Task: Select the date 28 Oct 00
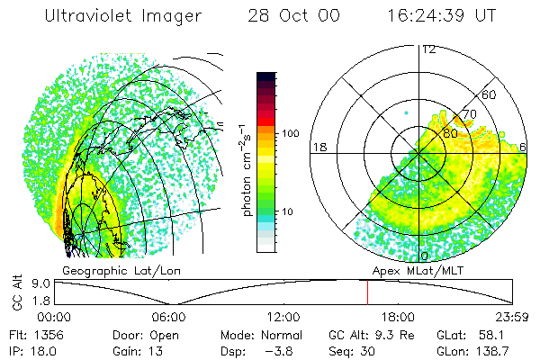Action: coord(282,16)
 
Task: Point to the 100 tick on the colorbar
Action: coord(289,133)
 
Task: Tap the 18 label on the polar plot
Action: coord(319,146)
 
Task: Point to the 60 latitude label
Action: coord(490,94)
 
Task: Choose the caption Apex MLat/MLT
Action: coord(420,270)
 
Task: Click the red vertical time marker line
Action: coord(367,292)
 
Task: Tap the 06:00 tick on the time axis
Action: coord(168,316)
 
